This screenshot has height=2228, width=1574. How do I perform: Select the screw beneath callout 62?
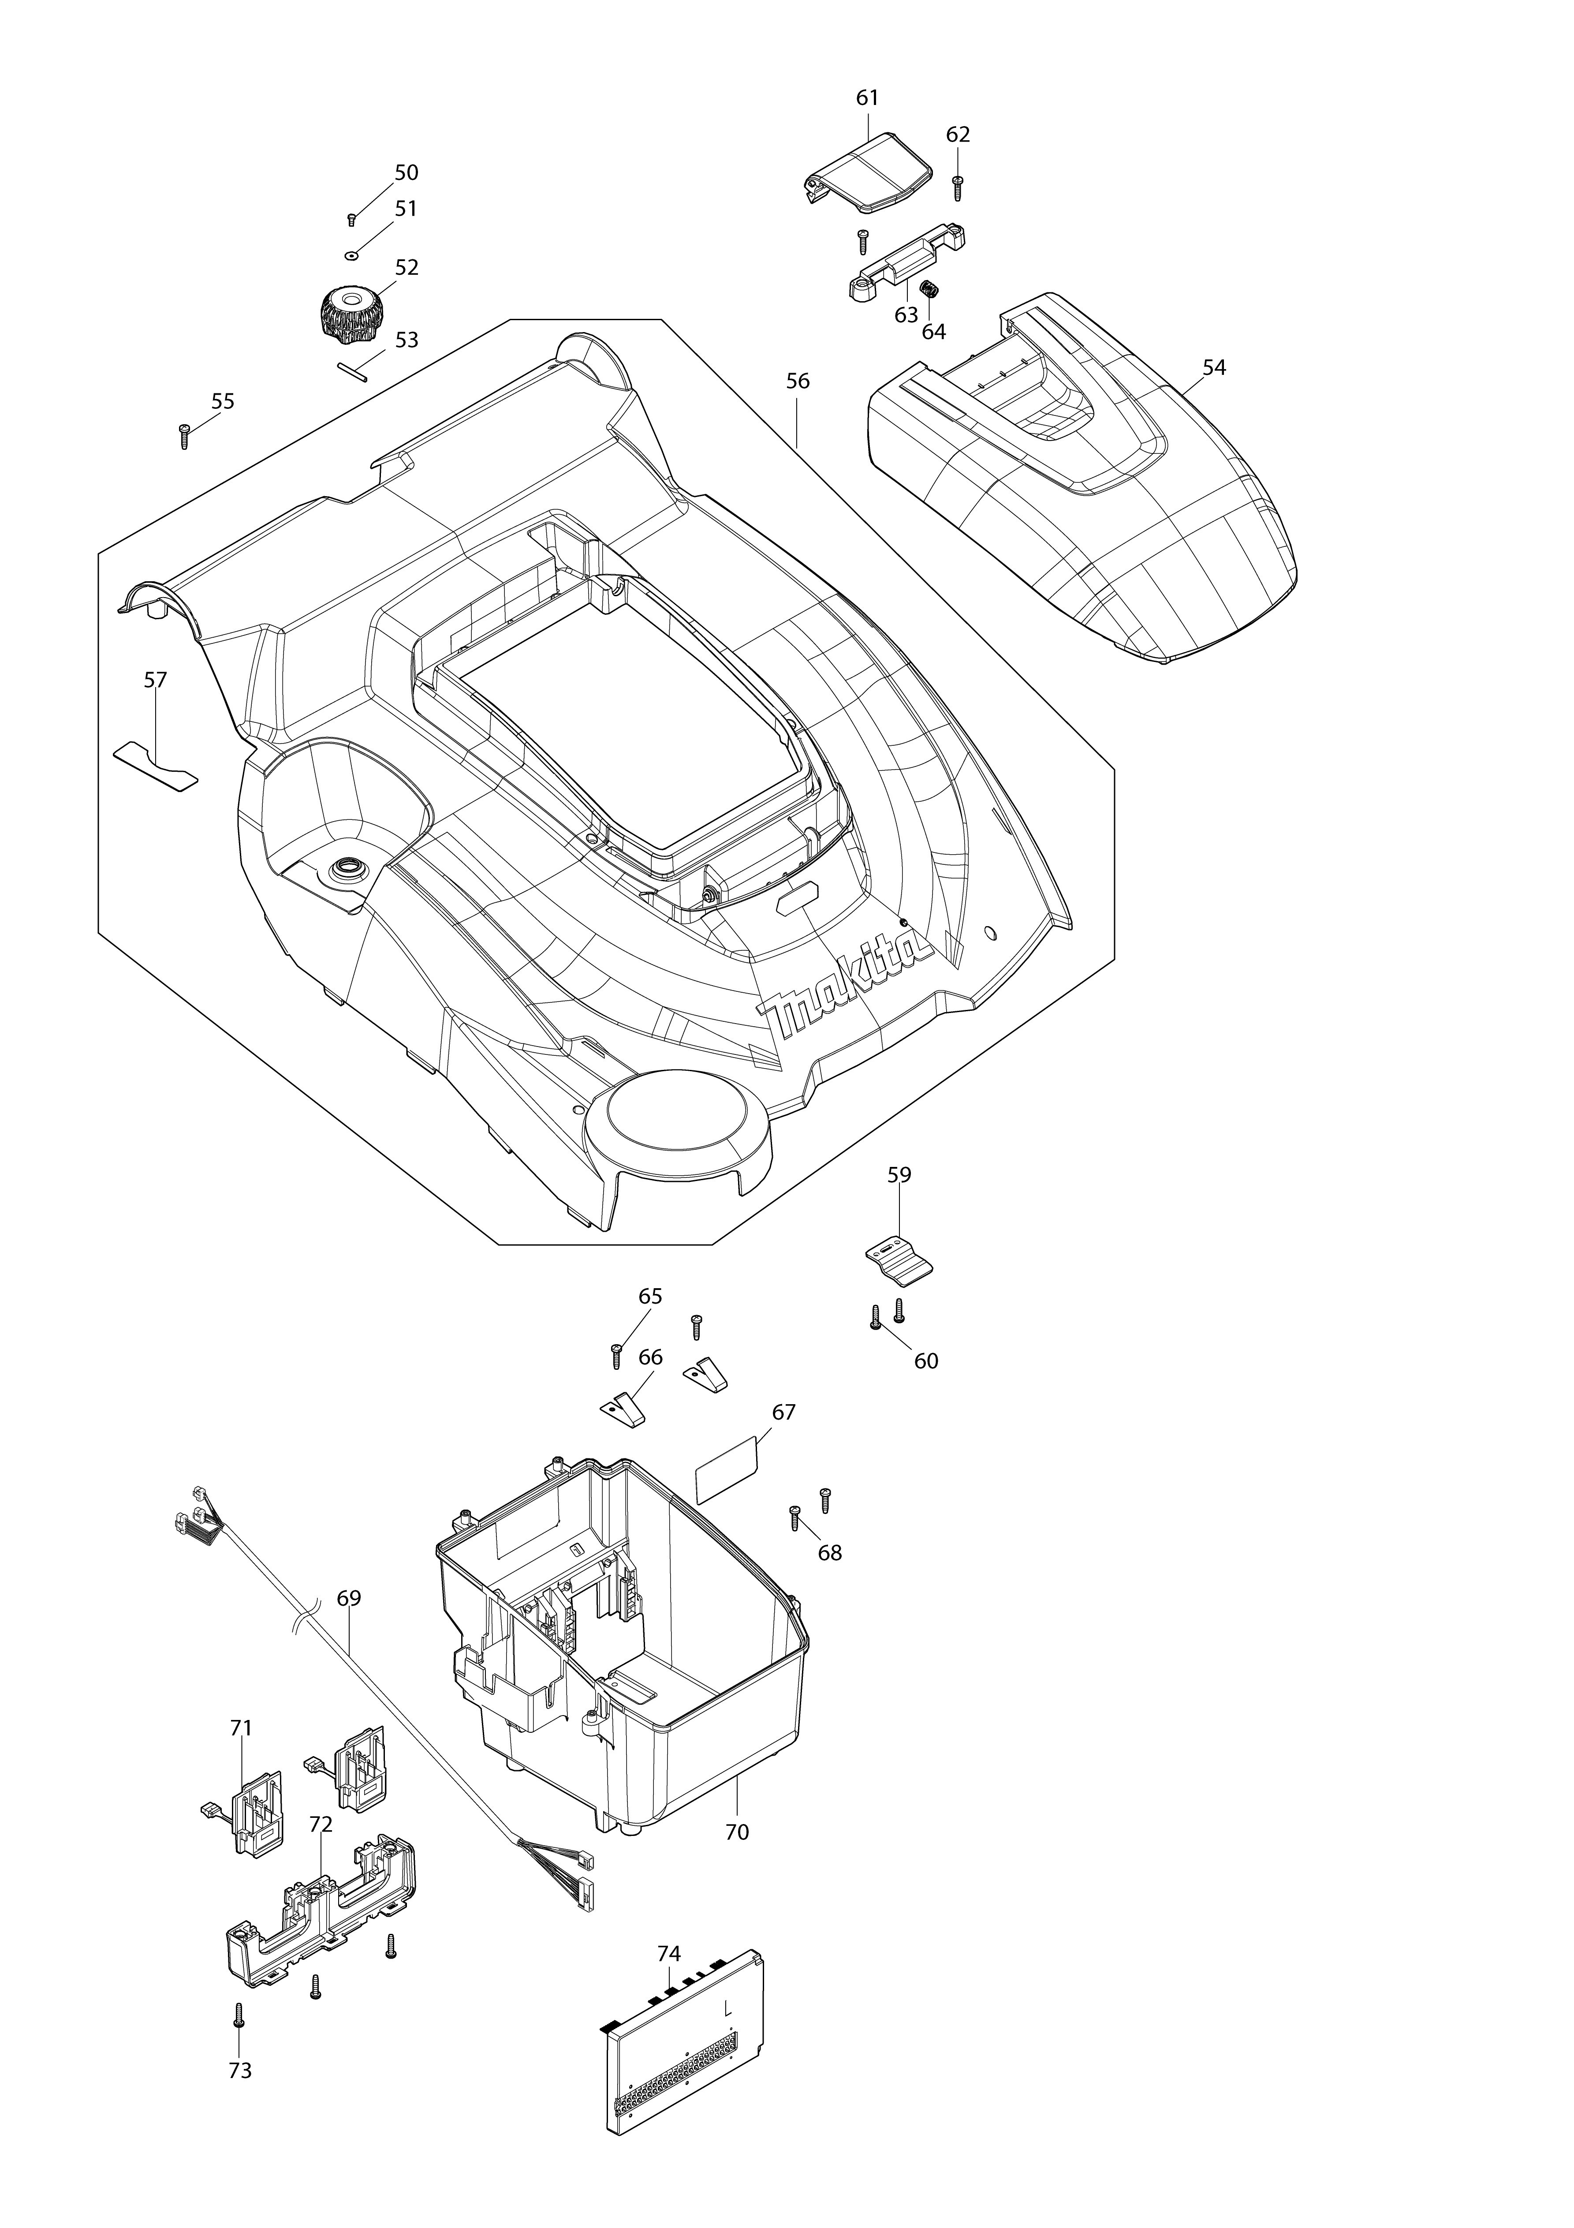958,187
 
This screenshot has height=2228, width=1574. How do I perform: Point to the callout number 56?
798,381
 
